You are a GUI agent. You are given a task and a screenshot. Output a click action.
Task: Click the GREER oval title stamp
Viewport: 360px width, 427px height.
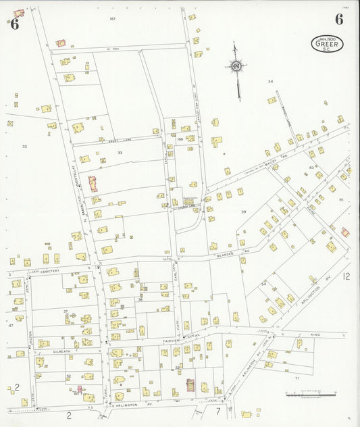[x=327, y=44]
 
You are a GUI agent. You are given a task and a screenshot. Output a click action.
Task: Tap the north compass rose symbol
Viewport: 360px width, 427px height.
[x=236, y=66]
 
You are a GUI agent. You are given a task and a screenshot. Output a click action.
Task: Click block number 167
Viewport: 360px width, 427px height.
[x=113, y=19]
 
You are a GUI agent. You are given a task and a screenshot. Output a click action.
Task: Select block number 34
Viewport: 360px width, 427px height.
[x=270, y=81]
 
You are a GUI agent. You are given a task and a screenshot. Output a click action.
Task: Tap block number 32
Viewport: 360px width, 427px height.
[x=24, y=146]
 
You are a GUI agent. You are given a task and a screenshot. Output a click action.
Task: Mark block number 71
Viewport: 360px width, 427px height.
[x=297, y=378]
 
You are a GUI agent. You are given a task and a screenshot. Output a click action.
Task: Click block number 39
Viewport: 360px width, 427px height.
[x=243, y=211]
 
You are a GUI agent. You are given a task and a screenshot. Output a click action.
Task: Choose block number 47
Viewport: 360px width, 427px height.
[x=11, y=325]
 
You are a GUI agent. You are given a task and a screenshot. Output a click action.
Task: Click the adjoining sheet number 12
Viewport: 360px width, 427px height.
[x=346, y=276]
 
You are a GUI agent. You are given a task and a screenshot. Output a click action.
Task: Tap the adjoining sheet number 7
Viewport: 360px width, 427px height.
[x=217, y=411]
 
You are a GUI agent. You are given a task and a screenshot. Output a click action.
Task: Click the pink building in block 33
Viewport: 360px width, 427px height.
[x=93, y=183]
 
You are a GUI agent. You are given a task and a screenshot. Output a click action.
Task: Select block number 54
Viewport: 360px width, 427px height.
[x=263, y=284]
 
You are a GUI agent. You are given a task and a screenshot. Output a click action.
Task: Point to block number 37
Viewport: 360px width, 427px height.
[x=66, y=311]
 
